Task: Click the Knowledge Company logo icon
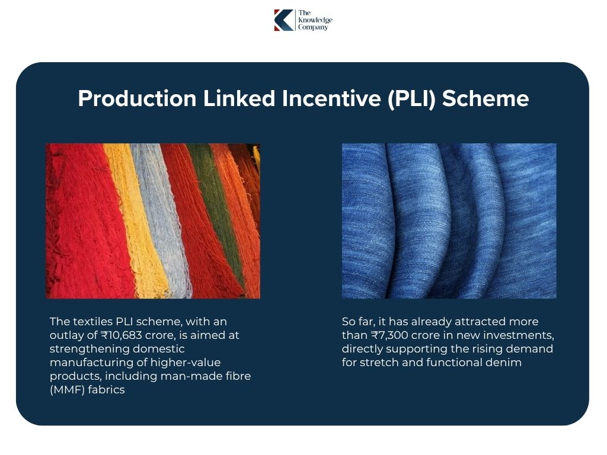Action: tap(283, 20)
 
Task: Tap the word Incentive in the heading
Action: tap(332, 98)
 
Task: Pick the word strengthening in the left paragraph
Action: tap(88, 349)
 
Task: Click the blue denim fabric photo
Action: tap(449, 220)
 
